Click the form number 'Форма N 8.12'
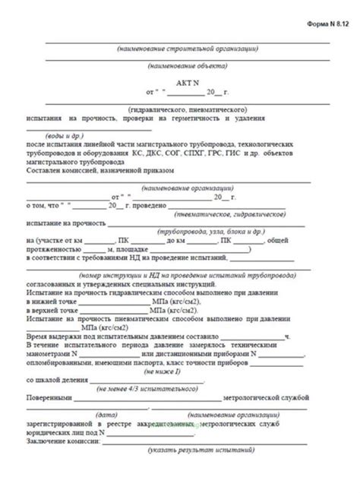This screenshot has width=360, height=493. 327,24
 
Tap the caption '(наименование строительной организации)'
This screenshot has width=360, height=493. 187,49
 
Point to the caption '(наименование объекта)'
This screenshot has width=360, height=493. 187,65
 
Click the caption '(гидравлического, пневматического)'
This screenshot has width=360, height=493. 187,109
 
